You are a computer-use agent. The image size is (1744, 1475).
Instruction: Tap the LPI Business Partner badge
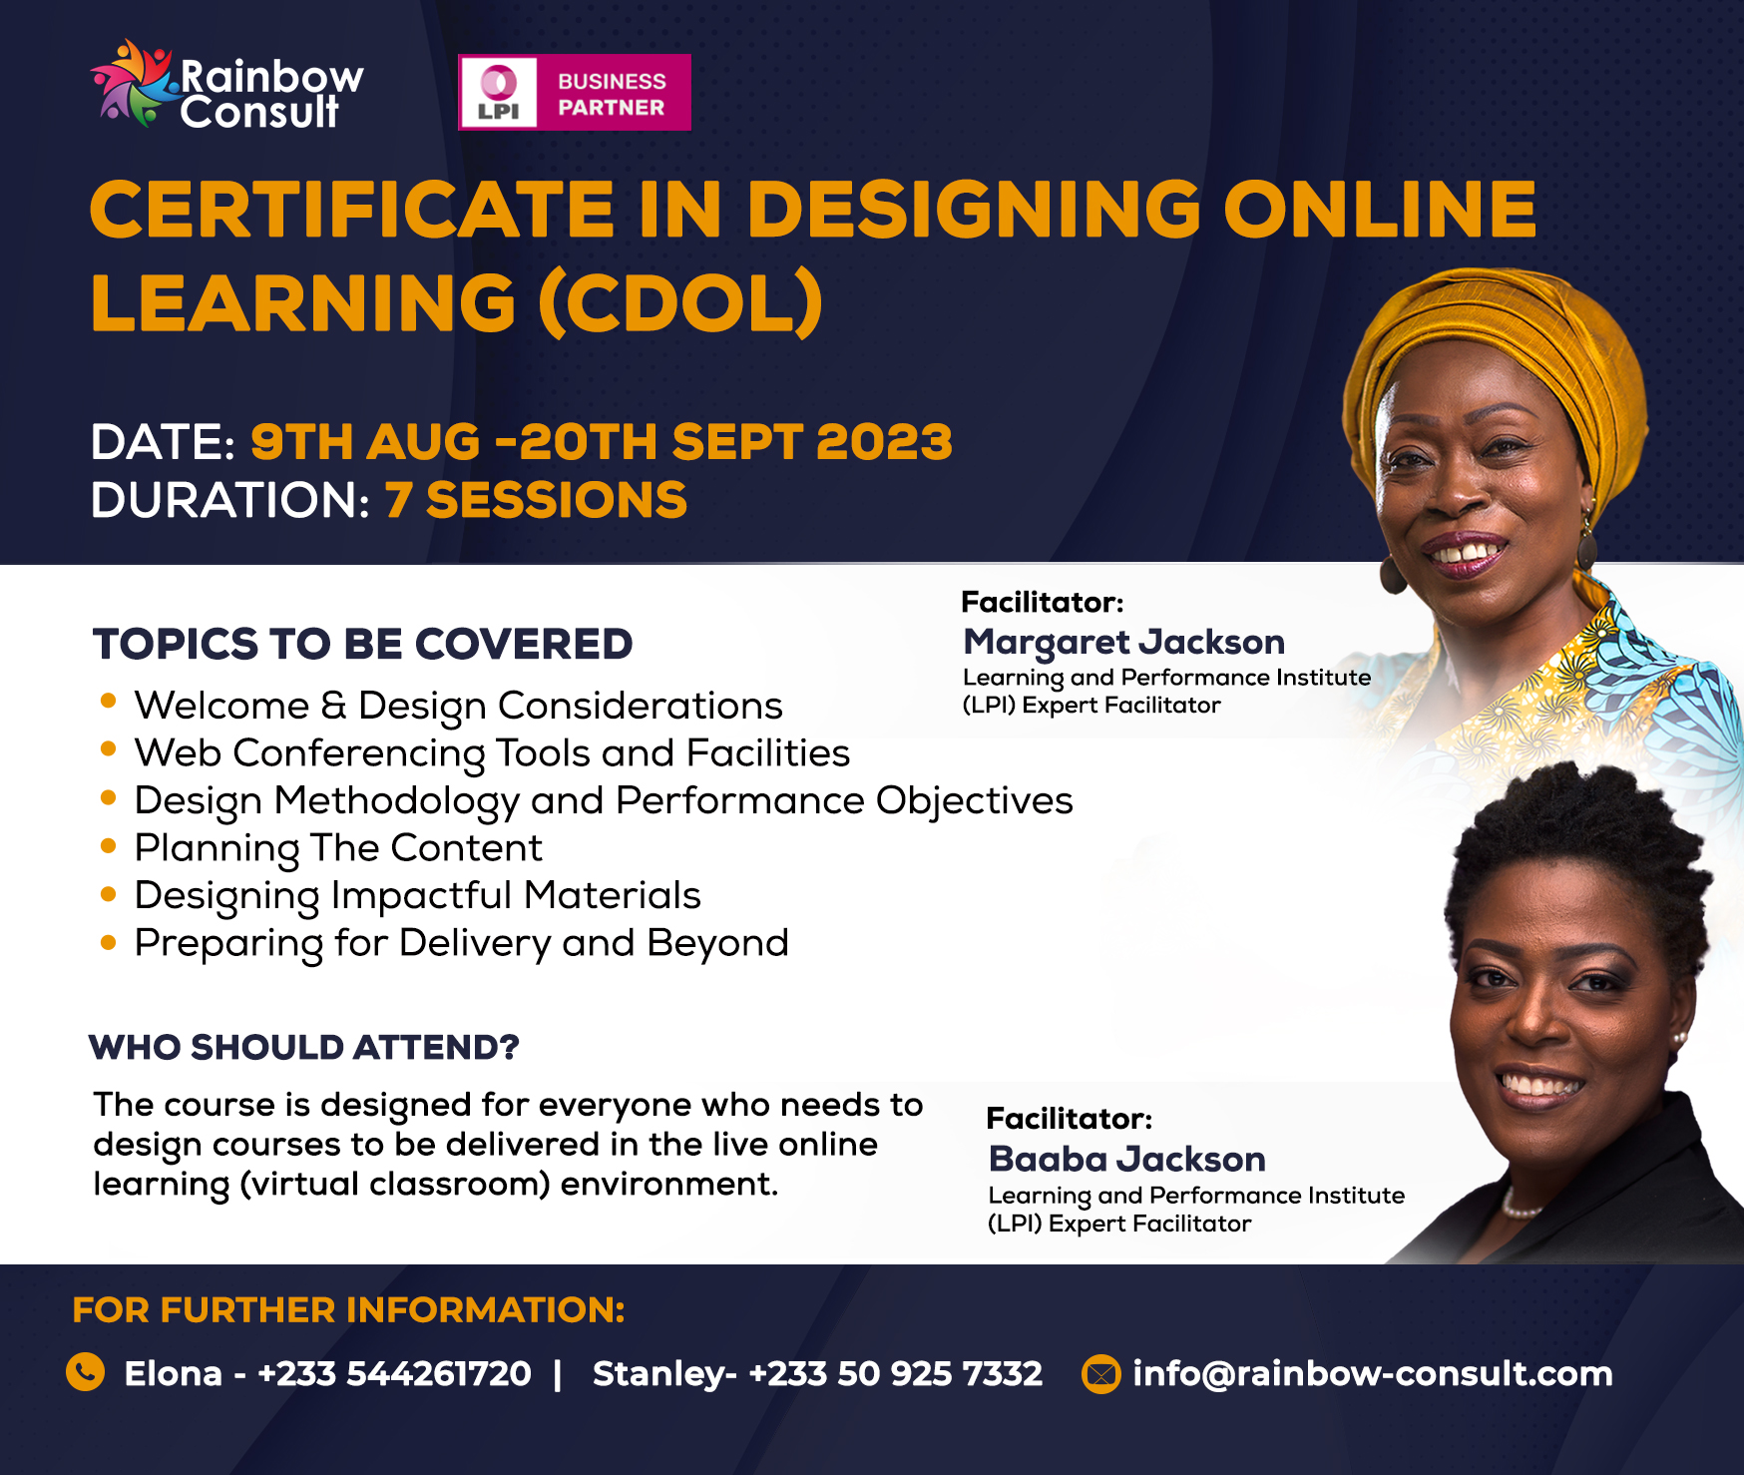click(575, 93)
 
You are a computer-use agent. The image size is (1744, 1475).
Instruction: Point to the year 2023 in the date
click(884, 442)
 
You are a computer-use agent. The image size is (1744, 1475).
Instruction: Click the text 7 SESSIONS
click(537, 500)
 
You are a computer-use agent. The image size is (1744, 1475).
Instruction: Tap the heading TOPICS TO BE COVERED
click(363, 644)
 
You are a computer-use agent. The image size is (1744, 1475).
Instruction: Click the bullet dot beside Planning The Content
click(109, 845)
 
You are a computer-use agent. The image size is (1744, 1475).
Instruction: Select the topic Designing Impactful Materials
click(418, 896)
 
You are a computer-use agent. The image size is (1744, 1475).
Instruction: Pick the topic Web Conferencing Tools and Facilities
click(493, 753)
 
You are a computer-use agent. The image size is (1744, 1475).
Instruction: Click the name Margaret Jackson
click(1124, 643)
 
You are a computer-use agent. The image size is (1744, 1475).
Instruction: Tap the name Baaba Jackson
click(1127, 1159)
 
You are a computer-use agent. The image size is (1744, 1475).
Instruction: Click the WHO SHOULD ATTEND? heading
click(304, 1047)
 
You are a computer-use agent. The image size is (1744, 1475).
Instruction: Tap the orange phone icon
click(86, 1372)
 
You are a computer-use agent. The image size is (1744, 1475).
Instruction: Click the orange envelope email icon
click(1101, 1374)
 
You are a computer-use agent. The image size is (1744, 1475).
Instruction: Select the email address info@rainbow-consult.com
click(1373, 1374)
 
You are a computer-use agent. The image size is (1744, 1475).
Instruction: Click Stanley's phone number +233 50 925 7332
click(896, 1374)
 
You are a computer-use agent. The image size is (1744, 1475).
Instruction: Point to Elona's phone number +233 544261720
click(395, 1374)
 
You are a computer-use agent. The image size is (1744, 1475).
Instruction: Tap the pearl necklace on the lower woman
click(1523, 1205)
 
